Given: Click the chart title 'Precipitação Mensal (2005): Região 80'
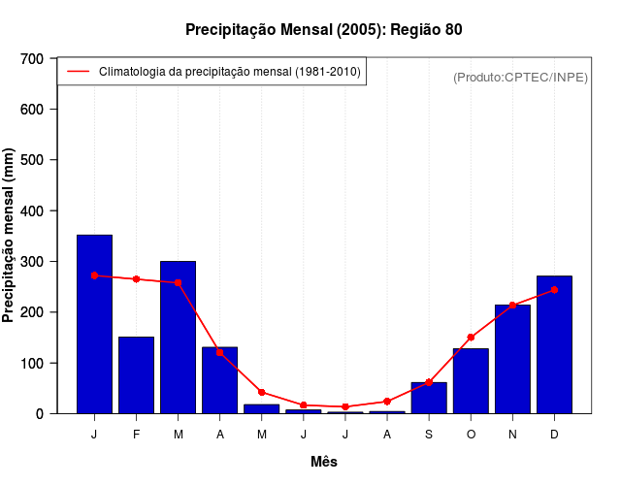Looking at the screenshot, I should pyautogui.click(x=323, y=30).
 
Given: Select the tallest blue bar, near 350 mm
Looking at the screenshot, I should pyautogui.click(x=94, y=324).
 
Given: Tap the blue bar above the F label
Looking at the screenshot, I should pyautogui.click(x=136, y=375).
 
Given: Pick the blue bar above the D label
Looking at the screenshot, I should pyautogui.click(x=554, y=345).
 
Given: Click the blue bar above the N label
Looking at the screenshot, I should pyautogui.click(x=512, y=359).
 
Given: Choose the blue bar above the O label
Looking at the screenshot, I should pyautogui.click(x=471, y=381).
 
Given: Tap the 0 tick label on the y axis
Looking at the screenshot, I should pyautogui.click(x=40, y=414).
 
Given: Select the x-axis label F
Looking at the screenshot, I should pyautogui.click(x=136, y=435).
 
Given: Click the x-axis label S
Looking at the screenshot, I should pyautogui.click(x=429, y=435).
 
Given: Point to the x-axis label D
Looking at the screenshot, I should pyautogui.click(x=554, y=435).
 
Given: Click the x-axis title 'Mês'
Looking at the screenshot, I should pyautogui.click(x=324, y=462).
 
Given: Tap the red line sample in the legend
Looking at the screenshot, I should pyautogui.click(x=79, y=72).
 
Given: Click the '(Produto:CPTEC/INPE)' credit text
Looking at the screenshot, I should pyautogui.click(x=520, y=78).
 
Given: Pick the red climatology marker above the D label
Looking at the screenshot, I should pyautogui.click(x=554, y=290).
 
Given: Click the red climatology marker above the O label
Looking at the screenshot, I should pyautogui.click(x=471, y=338).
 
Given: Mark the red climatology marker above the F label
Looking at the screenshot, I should pyautogui.click(x=136, y=279).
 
